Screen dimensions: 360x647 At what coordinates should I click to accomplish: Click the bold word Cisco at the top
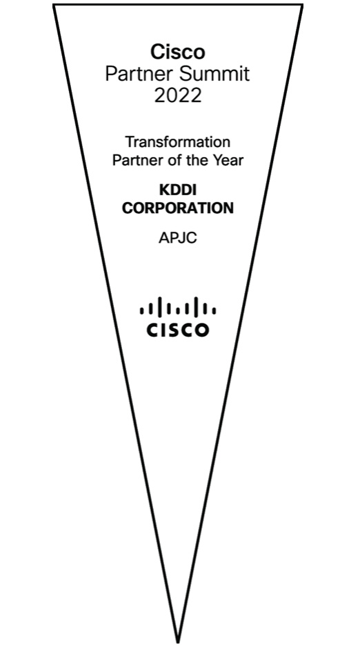pyautogui.click(x=177, y=52)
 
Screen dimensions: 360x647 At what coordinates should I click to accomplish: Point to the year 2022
pyautogui.click(x=178, y=96)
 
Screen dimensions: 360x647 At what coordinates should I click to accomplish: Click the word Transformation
pyautogui.click(x=178, y=142)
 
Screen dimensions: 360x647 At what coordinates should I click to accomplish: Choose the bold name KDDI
pyautogui.click(x=178, y=190)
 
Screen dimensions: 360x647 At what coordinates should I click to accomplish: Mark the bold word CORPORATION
pyautogui.click(x=178, y=208)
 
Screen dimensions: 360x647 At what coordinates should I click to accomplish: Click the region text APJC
pyautogui.click(x=178, y=238)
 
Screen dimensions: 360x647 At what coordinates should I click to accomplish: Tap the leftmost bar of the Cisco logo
pyautogui.click(x=141, y=310)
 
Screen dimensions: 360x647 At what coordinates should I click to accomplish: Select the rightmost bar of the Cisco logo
pyautogui.click(x=214, y=310)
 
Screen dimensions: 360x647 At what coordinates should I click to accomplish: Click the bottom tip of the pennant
pyautogui.click(x=178, y=642)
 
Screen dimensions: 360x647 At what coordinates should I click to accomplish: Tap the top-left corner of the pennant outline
pyautogui.click(x=54, y=6)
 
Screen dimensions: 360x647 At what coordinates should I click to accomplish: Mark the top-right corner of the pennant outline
pyautogui.click(x=302, y=6)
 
